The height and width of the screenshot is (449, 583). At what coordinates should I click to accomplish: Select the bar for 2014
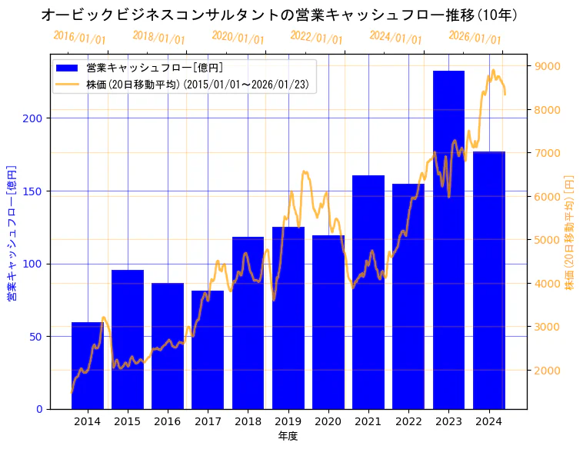88,366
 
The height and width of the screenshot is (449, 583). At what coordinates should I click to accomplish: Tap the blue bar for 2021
368,292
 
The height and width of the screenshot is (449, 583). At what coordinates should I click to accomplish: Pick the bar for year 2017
208,350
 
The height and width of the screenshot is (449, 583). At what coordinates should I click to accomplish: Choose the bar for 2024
489,280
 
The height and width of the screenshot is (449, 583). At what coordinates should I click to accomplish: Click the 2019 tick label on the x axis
288,421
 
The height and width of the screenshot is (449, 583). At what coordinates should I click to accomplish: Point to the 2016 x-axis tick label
168,421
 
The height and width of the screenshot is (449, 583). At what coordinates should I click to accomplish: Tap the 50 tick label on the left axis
36,337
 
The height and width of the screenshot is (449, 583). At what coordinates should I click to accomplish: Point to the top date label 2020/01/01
238,37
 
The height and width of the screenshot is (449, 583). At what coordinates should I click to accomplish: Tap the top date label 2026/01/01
475,37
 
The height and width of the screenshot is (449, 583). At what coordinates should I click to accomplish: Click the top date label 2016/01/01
79,37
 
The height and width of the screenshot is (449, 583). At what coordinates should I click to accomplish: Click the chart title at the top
278,15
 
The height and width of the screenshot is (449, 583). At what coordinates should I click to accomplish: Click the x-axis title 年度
288,436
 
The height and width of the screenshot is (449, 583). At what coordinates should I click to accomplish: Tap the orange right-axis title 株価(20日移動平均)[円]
570,231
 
